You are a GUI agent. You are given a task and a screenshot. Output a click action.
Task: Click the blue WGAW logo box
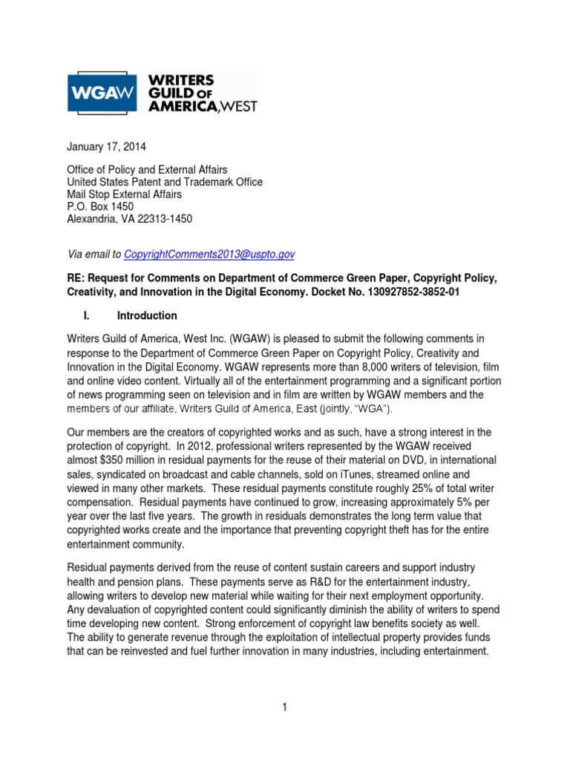click(95, 94)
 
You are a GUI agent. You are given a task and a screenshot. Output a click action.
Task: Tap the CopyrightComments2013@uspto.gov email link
click(209, 254)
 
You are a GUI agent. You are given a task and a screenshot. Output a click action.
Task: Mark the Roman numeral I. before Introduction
click(87, 315)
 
